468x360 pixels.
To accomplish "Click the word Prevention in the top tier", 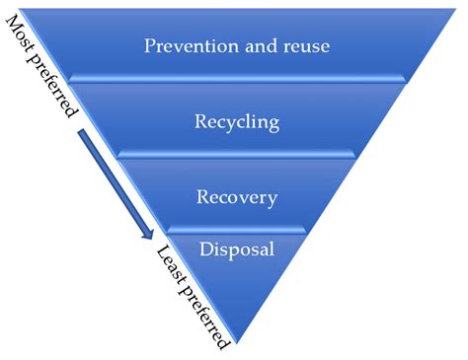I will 185,47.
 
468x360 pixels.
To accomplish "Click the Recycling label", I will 237,122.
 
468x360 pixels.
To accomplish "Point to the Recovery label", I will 237,196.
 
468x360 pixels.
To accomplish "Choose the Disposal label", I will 237,249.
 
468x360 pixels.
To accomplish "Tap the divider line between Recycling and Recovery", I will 237,154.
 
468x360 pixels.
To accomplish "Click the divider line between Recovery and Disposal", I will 237,229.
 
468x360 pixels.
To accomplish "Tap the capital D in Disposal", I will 206,249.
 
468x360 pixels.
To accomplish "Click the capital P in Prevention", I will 149,47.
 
